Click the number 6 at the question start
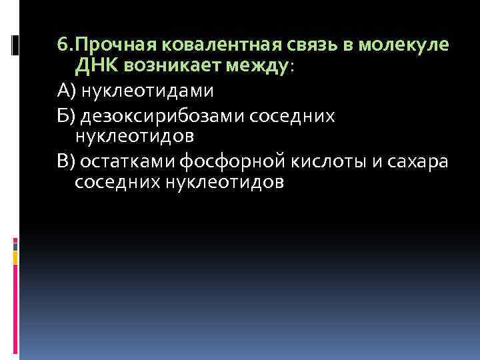(62, 46)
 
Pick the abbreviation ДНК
(95, 67)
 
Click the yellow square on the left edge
(15, 254)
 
